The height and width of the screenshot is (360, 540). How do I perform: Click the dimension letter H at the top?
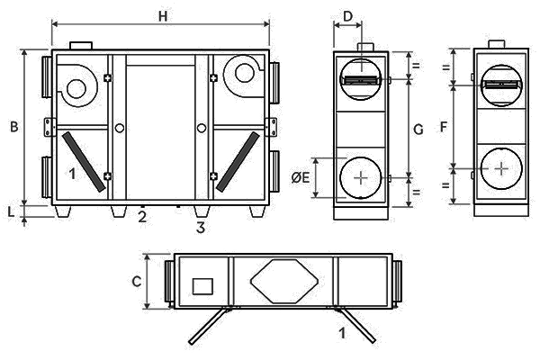tap(162, 16)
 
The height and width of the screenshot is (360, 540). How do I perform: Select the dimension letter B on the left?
tap(14, 128)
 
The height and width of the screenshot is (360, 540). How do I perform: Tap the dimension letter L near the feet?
tap(11, 211)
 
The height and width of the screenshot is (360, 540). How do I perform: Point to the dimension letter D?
tap(348, 15)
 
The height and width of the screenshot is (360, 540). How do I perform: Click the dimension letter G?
tap(418, 130)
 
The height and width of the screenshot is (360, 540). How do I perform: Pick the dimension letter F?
tap(443, 127)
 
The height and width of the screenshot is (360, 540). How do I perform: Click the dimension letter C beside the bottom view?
tap(137, 281)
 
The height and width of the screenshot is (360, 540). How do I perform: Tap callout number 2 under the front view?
tap(142, 217)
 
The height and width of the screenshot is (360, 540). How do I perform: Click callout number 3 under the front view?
tap(201, 227)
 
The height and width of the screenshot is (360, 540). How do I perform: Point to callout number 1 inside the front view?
tap(70, 174)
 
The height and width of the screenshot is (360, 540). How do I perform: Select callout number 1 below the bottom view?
tap(342, 333)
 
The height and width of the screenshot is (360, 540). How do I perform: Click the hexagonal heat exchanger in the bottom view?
tap(283, 282)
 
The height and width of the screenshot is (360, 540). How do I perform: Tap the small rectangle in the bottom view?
tap(202, 287)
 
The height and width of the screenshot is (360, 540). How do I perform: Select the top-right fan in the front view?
tap(241, 74)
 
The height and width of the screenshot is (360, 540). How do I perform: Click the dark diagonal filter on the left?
tap(80, 160)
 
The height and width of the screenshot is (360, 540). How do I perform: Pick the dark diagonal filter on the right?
tap(238, 161)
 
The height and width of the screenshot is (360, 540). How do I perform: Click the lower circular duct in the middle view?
tap(361, 177)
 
